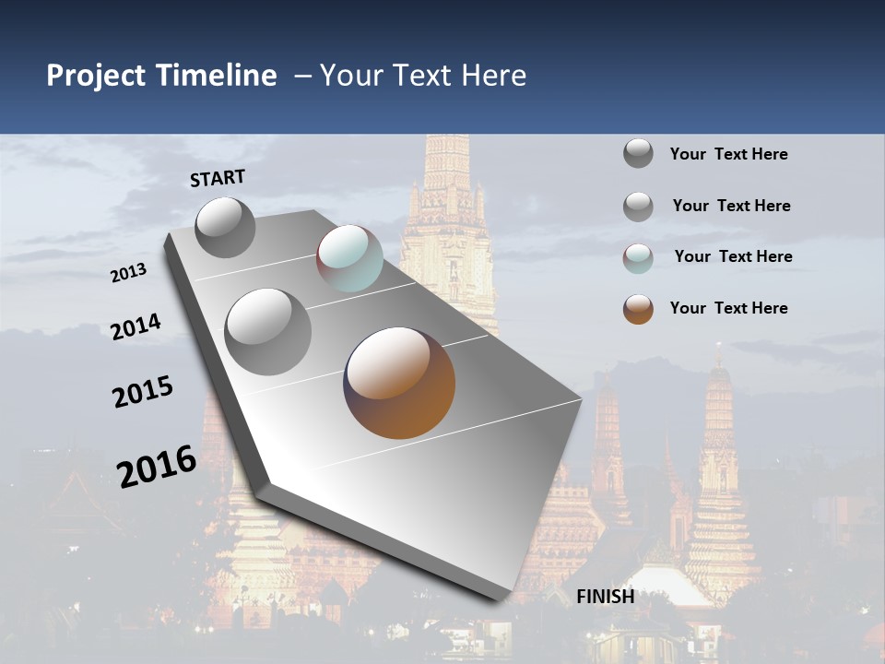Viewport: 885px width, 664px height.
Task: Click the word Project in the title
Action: (x=97, y=76)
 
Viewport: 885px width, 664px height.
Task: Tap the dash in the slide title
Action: (x=302, y=76)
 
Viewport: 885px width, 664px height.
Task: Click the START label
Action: (x=218, y=178)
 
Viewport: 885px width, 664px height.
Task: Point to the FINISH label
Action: (x=606, y=597)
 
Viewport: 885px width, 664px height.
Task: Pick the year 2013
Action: (x=129, y=273)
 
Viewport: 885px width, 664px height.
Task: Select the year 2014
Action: (x=136, y=327)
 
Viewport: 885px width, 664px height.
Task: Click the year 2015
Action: (x=143, y=392)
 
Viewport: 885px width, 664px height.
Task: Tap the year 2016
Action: (x=157, y=467)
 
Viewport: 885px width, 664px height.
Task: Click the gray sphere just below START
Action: (x=225, y=227)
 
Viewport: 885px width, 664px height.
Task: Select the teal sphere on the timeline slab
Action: (x=349, y=258)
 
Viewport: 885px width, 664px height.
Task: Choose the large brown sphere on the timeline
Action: (x=399, y=383)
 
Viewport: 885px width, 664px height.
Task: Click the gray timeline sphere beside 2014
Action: (x=268, y=331)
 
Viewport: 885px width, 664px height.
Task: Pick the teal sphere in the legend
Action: (x=638, y=258)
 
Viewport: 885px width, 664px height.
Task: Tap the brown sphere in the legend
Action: (x=638, y=309)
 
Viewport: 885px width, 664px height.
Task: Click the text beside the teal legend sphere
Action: (x=733, y=256)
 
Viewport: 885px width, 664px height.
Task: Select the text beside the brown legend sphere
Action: (x=728, y=308)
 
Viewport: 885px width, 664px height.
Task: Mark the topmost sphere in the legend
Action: (x=638, y=153)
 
